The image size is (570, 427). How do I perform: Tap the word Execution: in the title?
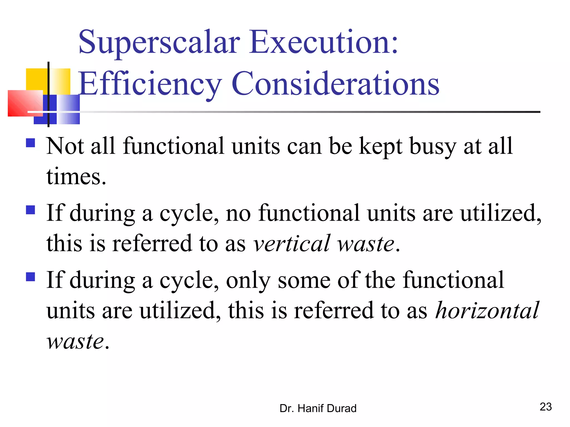324,42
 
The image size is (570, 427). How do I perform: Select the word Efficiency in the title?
150,83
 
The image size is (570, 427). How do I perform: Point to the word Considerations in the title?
335,83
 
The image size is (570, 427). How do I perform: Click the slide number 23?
546,407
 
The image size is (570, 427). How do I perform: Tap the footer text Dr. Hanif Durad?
318,408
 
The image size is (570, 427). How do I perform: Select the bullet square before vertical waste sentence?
30,210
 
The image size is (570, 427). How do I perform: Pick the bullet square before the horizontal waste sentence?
30,277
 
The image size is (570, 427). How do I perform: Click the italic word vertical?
291,244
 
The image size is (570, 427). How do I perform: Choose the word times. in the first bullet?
76,177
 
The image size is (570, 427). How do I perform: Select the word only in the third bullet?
248,280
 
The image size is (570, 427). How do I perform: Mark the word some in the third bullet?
304,280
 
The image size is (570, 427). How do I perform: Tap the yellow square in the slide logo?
36,79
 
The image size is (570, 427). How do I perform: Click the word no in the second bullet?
238,213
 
